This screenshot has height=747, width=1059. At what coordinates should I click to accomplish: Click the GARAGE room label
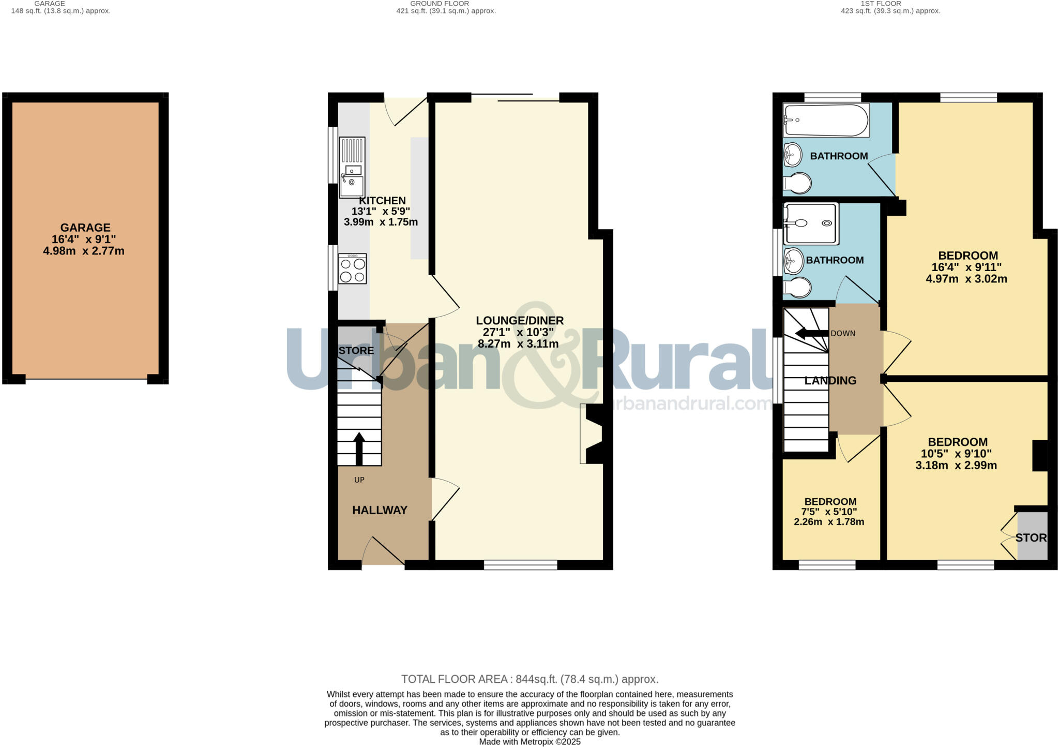85,228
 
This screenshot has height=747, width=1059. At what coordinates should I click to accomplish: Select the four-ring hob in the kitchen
352,268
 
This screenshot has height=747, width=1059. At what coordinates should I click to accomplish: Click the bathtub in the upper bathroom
826,120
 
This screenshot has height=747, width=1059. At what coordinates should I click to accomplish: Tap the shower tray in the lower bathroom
810,223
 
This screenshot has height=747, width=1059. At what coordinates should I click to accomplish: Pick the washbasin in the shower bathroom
793,261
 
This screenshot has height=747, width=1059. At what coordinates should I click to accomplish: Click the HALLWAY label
380,510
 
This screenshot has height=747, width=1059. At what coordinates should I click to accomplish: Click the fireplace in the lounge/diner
592,434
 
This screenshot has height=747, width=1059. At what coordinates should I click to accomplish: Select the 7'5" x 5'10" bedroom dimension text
829,512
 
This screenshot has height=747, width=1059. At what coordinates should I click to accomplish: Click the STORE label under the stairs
356,351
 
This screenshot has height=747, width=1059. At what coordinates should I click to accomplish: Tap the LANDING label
830,381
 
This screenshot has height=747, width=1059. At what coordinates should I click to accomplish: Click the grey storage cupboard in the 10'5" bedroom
1032,536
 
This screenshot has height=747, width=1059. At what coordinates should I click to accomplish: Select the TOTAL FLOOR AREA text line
529,679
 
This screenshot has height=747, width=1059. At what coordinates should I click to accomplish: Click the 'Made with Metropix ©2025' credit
529,742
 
